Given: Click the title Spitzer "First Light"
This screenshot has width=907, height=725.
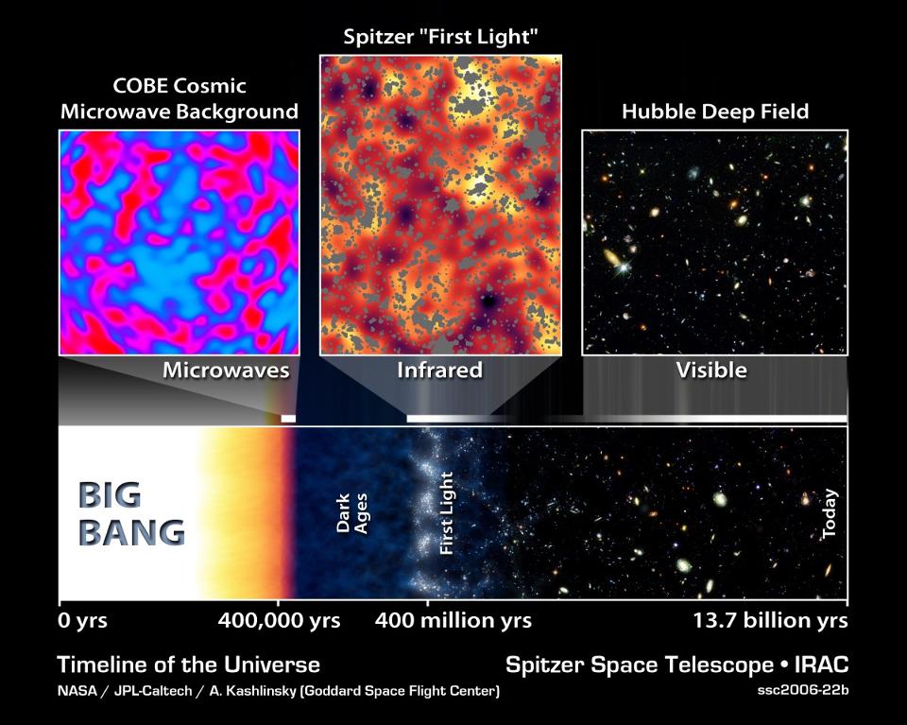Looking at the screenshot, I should [x=440, y=39].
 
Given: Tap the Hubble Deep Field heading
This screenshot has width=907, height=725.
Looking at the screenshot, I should [x=714, y=112].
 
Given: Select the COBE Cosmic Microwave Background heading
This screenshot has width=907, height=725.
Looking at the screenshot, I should [x=179, y=99].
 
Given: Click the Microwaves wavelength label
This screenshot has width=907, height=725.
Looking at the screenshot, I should [x=225, y=371].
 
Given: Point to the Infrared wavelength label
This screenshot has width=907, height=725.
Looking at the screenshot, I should [x=440, y=371].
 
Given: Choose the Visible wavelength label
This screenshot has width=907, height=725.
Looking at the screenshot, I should [x=711, y=371].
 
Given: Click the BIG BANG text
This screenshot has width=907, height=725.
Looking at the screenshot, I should [x=130, y=515].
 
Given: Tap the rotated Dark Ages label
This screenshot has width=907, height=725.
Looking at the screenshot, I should [x=351, y=515].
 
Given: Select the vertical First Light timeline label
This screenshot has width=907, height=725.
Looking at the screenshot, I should [x=447, y=515].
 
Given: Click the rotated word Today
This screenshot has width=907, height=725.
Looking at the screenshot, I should [x=830, y=516].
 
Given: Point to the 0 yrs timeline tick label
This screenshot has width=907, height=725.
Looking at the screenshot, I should [x=83, y=621].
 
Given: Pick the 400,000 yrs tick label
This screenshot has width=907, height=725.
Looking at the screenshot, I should [x=279, y=621].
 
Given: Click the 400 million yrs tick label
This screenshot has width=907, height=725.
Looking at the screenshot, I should [x=453, y=621].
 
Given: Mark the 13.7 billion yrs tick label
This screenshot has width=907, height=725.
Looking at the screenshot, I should [x=764, y=621].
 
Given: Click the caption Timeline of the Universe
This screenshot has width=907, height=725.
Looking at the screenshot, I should [x=188, y=665].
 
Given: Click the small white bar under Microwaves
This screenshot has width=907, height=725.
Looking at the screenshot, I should [x=288, y=417].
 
